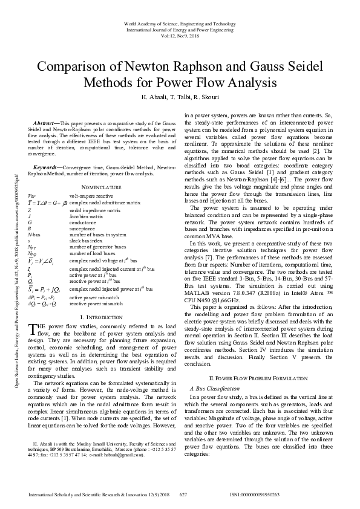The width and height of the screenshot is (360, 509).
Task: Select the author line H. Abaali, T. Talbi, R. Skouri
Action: click(180, 97)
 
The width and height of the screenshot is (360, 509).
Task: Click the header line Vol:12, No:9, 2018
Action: click(180, 35)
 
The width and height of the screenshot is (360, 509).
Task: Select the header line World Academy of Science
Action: click(180, 22)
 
